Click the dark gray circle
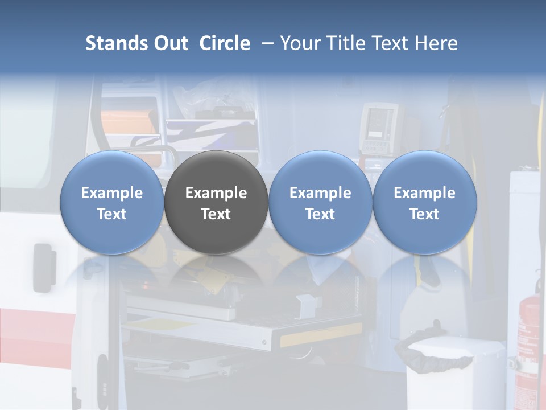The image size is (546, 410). (216, 203)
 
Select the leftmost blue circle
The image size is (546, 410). (111, 203)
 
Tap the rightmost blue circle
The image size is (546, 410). (424, 203)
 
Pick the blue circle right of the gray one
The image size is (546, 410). (320, 203)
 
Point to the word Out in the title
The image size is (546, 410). (171, 43)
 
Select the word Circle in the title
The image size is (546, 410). (225, 43)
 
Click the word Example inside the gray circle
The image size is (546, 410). (216, 193)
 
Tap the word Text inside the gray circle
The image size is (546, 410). (216, 214)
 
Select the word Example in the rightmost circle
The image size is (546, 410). (424, 193)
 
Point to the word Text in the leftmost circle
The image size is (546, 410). (111, 214)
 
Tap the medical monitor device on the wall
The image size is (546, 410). (378, 128)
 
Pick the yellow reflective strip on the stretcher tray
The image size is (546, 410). (321, 336)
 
